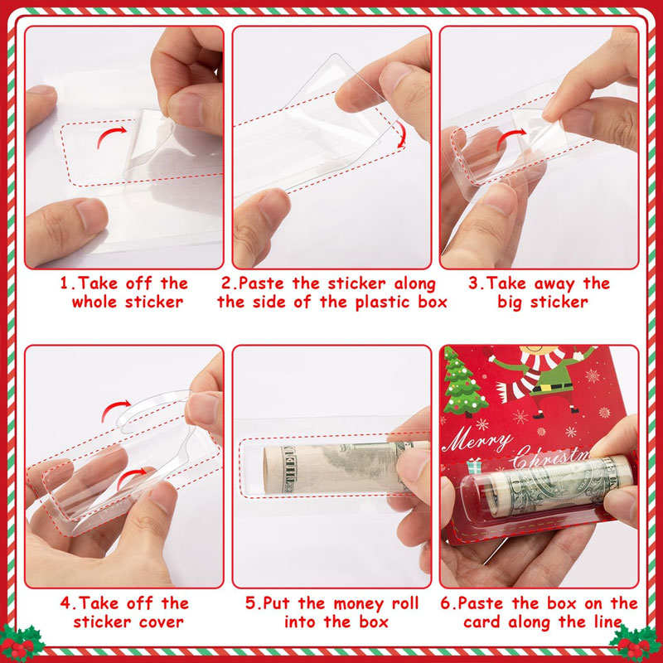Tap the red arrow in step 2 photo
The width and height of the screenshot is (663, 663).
click(401, 133)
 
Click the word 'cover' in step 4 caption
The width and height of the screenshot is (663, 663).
click(164, 622)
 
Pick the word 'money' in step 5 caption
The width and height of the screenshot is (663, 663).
click(360, 603)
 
